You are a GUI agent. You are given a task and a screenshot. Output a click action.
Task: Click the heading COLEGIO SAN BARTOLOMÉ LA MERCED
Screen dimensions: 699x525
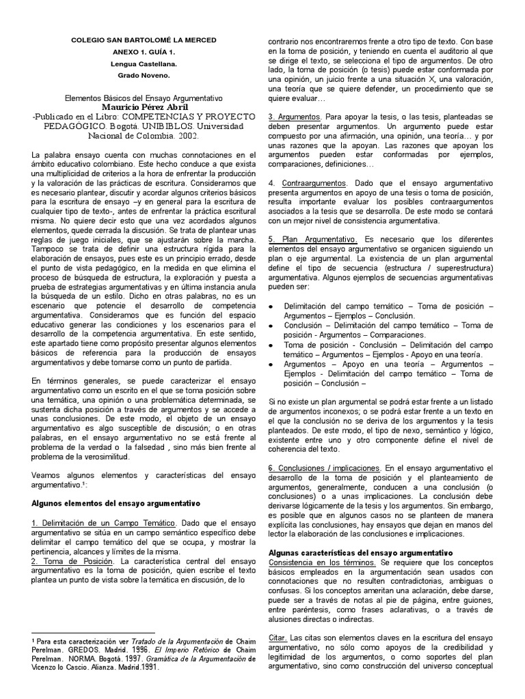tap(144, 40)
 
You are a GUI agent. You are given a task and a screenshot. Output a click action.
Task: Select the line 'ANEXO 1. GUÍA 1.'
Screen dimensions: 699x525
tap(144, 52)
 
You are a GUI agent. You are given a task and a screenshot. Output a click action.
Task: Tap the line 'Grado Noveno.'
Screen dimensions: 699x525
tap(144, 74)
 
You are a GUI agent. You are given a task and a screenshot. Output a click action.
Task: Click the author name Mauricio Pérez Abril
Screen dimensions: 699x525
tap(144, 107)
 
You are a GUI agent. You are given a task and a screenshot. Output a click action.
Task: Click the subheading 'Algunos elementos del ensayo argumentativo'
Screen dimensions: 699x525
tap(116, 503)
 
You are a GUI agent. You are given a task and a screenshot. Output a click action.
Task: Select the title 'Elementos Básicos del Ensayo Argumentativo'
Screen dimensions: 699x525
tap(144, 98)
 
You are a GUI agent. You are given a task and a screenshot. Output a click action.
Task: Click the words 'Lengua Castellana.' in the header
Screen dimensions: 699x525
tap(144, 63)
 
